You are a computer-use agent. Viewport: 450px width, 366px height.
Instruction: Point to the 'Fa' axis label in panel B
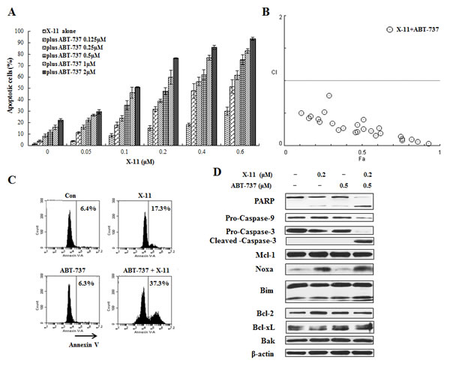click(x=362, y=160)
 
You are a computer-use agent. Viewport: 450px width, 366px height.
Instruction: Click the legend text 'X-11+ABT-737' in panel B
click(x=411, y=28)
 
